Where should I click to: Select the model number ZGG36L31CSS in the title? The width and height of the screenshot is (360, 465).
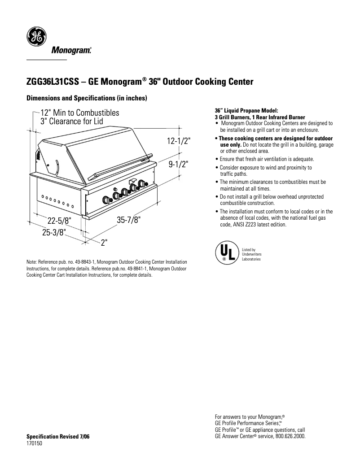53,82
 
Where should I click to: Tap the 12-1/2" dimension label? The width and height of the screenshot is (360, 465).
179,141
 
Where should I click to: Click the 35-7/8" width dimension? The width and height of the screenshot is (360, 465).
129,220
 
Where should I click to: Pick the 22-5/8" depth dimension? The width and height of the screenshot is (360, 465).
59,220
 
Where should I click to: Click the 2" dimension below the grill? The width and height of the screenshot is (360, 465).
104,243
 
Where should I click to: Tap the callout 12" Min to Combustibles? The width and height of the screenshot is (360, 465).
80,113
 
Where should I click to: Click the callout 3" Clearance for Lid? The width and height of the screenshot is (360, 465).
72,122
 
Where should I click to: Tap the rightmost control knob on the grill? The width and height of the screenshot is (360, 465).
143,183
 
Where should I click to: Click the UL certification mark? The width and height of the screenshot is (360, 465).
225,252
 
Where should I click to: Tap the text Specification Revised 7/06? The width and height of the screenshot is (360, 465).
58,436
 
